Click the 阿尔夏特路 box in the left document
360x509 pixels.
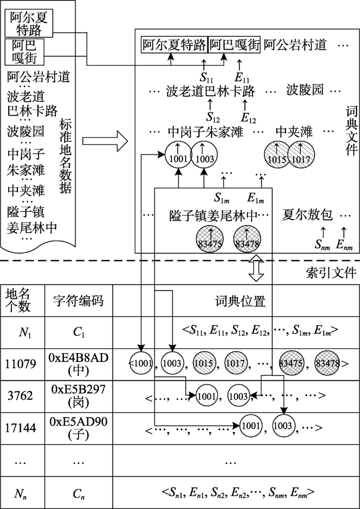click(29, 24)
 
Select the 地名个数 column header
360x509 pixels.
click(18, 300)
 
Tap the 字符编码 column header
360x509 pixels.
click(78, 300)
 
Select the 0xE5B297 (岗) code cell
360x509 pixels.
click(78, 395)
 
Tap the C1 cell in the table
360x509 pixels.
click(78, 332)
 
